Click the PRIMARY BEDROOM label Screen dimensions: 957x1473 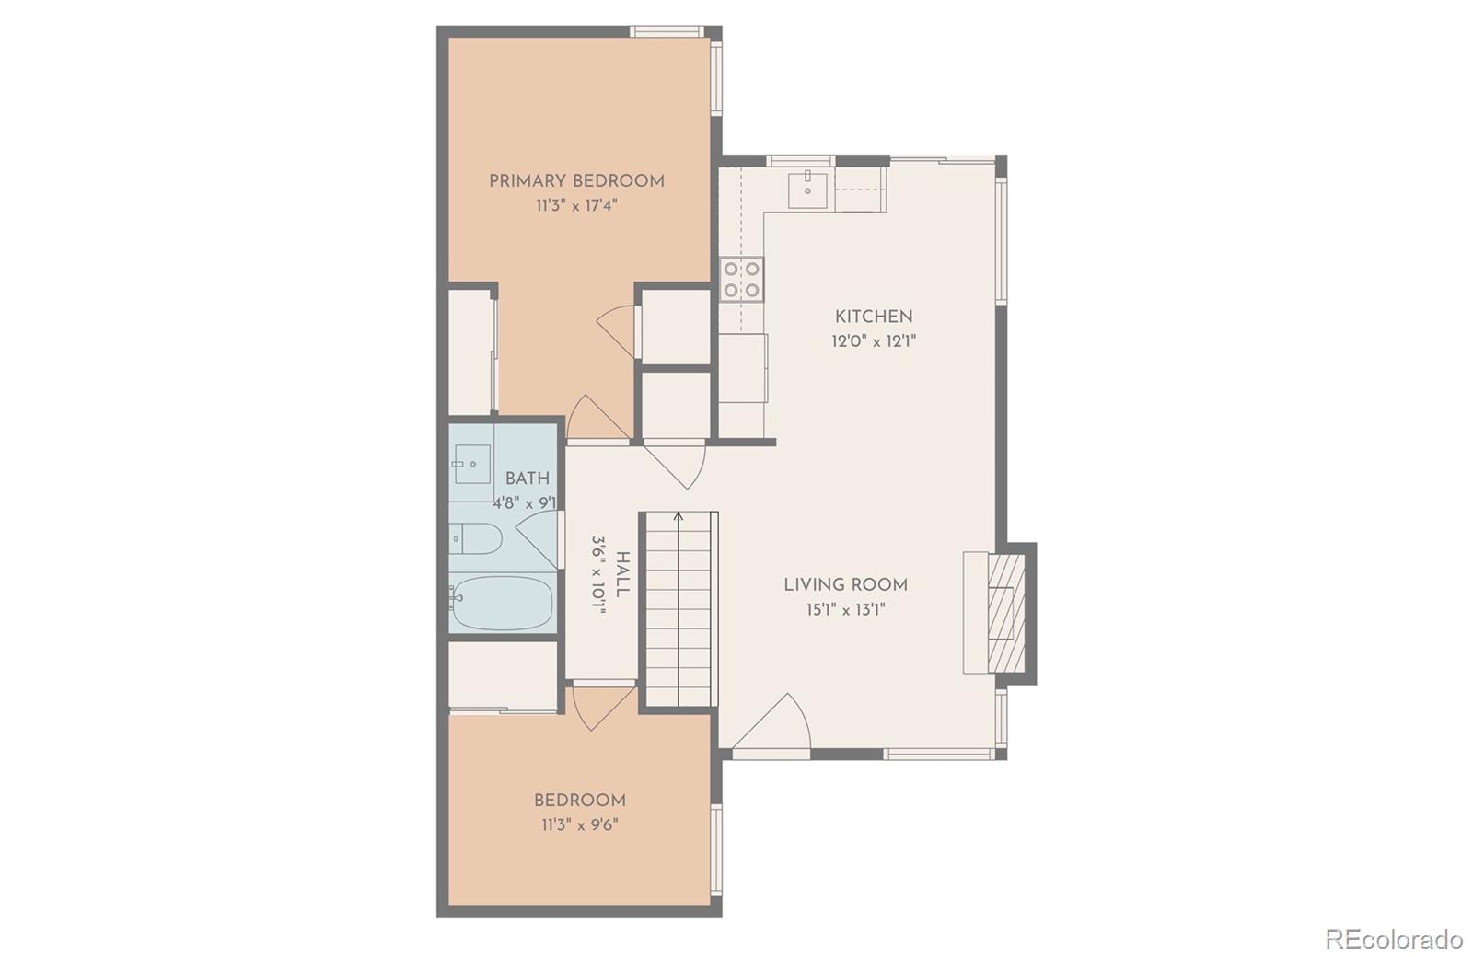576,181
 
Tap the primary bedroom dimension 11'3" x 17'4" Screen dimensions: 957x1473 576,206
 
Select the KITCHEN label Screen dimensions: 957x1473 874,317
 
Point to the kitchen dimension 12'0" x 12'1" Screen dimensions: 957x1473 874,341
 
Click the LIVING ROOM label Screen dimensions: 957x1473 845,585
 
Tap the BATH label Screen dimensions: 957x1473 528,478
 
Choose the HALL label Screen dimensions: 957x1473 623,575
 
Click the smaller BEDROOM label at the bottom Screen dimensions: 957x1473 580,801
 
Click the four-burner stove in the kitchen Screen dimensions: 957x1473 742,280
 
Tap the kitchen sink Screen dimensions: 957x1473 807,189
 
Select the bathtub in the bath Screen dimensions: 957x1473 502,604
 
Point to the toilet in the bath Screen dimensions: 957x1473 476,538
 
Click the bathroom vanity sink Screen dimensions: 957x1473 471,464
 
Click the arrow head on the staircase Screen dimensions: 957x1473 679,516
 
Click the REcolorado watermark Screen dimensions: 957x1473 1393,940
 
